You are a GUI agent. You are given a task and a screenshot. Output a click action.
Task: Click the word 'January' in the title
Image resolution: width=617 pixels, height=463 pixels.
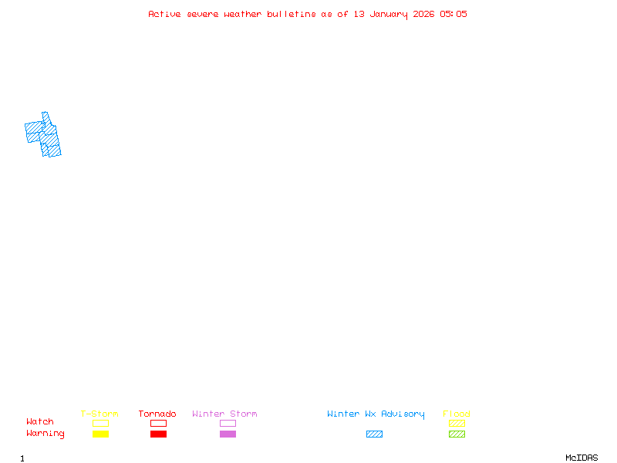389,15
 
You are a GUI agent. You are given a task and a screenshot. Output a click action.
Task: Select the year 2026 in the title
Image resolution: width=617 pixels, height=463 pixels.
423,14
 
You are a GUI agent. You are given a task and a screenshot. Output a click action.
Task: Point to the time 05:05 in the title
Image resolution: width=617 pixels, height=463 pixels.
453,14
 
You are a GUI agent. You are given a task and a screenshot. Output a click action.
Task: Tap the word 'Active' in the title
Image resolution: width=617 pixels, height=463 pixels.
164,14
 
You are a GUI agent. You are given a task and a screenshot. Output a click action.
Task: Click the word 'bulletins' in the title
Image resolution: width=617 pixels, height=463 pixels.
292,14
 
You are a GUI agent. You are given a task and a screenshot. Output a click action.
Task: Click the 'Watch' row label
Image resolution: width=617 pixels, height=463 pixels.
40,421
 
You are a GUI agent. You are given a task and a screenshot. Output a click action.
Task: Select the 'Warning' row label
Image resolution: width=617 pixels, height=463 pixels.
46,434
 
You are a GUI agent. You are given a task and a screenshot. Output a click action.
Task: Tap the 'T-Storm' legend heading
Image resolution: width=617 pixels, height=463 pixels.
99,414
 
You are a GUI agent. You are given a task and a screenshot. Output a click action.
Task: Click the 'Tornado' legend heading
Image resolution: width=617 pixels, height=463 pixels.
157,414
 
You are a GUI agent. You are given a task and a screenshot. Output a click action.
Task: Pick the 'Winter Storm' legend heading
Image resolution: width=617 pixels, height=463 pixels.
224,414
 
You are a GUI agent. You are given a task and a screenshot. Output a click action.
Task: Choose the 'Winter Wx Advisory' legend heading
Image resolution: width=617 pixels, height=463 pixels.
376,414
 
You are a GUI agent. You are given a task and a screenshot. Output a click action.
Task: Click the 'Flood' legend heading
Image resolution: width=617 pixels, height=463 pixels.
457,414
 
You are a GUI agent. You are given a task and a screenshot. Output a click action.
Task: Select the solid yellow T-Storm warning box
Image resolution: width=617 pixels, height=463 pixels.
101,434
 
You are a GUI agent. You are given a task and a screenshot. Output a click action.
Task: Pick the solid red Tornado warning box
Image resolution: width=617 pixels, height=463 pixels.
159,434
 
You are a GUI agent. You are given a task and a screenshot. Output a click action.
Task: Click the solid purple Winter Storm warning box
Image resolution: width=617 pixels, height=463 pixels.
228,434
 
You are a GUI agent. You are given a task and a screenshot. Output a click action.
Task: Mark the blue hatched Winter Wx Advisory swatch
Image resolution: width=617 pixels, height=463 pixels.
374,434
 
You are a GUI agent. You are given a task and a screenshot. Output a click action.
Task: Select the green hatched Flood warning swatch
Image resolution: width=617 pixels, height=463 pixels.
457,434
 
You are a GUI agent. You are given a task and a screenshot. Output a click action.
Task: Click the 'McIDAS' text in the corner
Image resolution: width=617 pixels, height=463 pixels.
582,458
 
